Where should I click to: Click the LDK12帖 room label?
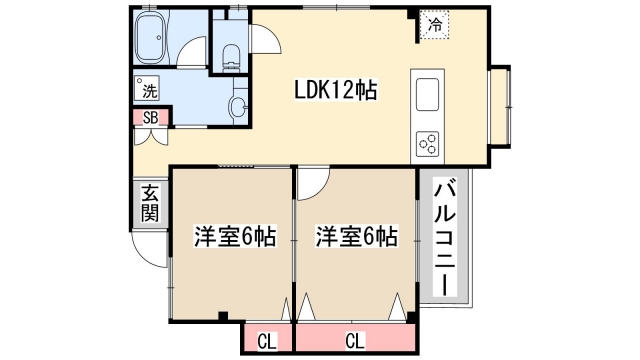334,90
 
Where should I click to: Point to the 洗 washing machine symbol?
148,89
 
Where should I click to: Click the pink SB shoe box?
150,117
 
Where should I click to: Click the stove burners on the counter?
428,143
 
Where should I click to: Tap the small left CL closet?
266,340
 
